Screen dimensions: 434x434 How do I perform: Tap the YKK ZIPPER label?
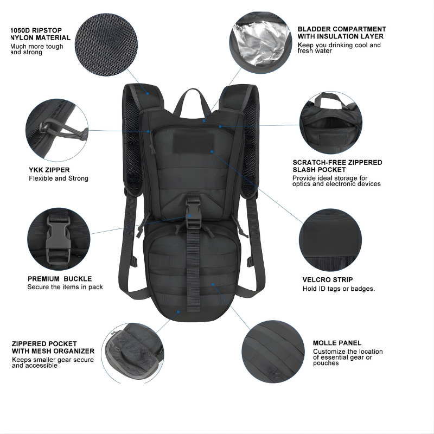(x=49, y=170)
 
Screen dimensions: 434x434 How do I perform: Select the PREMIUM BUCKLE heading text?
(x=60, y=279)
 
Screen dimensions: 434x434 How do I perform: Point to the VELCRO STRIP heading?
(x=328, y=280)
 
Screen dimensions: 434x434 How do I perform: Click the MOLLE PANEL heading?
(x=337, y=343)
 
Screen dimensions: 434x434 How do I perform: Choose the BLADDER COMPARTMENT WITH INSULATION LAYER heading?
(x=342, y=33)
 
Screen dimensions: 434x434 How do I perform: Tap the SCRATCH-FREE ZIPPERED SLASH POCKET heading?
(x=337, y=166)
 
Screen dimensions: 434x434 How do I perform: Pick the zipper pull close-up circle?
(x=58, y=128)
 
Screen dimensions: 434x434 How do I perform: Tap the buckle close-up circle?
(x=59, y=240)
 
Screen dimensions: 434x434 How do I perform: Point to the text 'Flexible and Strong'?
(x=59, y=178)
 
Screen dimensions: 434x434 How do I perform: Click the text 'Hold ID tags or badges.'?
(x=339, y=289)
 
